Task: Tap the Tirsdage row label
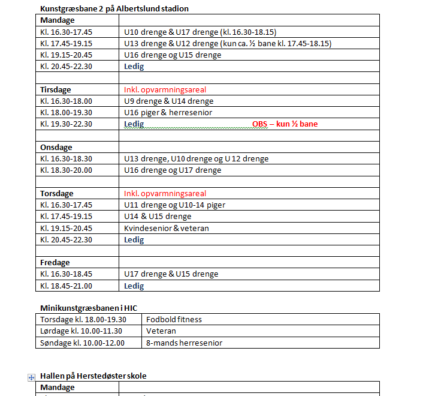tap(56, 89)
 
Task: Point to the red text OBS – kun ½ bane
tap(285, 124)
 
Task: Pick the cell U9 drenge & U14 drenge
tap(168, 101)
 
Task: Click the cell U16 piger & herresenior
tap(168, 112)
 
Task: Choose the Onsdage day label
tap(56, 147)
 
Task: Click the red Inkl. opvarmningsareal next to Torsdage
tap(165, 193)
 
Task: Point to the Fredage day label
tap(55, 262)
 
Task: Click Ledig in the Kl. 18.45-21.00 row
tap(134, 286)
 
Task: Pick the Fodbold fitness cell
tap(174, 319)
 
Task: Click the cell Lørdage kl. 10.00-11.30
tap(81, 331)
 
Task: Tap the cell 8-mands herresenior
tap(184, 343)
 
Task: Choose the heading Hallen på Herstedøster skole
tap(93, 376)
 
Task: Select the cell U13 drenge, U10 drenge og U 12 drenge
tap(196, 158)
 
